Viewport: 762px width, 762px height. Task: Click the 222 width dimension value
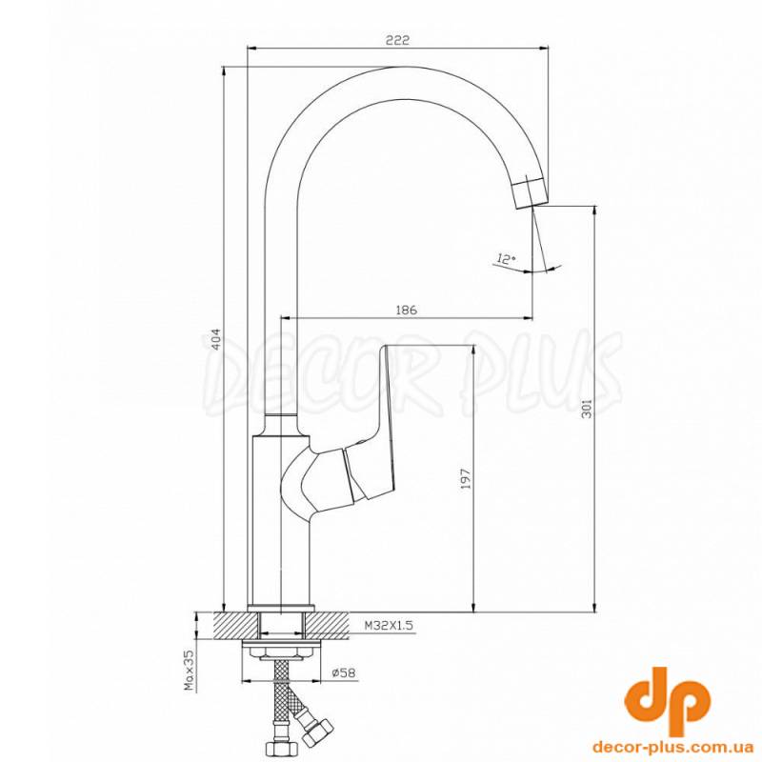[x=397, y=40]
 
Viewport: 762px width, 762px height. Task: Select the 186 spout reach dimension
[x=407, y=310]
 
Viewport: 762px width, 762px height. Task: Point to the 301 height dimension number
[x=587, y=408]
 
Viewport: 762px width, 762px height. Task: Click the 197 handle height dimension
[x=465, y=478]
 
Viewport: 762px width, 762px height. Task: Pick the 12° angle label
[x=506, y=258]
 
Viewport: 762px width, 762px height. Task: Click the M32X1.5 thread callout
[x=389, y=626]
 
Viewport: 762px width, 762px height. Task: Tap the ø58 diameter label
[x=344, y=673]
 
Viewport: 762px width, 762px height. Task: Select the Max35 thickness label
[x=189, y=671]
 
